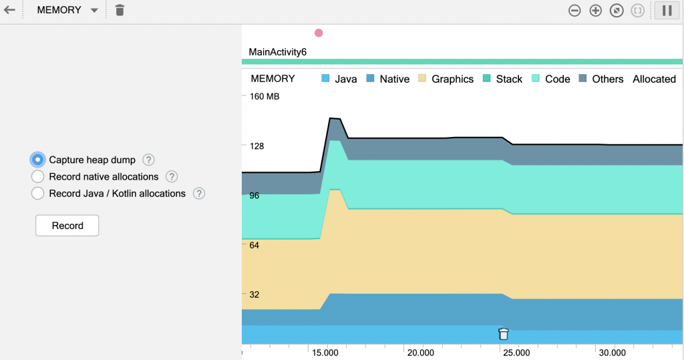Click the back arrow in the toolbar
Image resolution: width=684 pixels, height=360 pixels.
click(9, 10)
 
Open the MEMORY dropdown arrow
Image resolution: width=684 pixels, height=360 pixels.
click(94, 11)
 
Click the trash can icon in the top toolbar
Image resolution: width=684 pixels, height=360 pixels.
click(120, 10)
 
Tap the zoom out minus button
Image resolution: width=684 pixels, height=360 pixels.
click(574, 11)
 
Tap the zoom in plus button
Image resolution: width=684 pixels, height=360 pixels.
click(596, 11)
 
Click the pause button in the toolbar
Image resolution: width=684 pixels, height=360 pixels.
click(667, 11)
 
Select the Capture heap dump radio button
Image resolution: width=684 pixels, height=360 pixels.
click(38, 160)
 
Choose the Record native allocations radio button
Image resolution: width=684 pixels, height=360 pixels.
click(38, 177)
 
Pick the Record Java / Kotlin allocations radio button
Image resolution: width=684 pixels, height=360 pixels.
click(38, 194)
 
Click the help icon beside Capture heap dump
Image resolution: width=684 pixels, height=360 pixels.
click(149, 160)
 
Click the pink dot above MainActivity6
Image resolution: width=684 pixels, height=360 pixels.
click(319, 33)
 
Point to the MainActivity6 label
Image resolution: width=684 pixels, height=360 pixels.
click(277, 51)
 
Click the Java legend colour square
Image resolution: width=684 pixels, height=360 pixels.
click(326, 79)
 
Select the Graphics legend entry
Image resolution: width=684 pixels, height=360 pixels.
click(452, 79)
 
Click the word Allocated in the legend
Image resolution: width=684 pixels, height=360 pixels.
click(654, 79)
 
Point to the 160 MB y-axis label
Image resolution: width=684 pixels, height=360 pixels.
click(265, 96)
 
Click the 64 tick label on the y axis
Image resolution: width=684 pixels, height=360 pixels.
click(254, 245)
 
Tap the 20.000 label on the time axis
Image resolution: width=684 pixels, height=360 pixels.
click(421, 353)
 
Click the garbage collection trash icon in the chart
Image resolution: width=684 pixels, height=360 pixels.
click(504, 334)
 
